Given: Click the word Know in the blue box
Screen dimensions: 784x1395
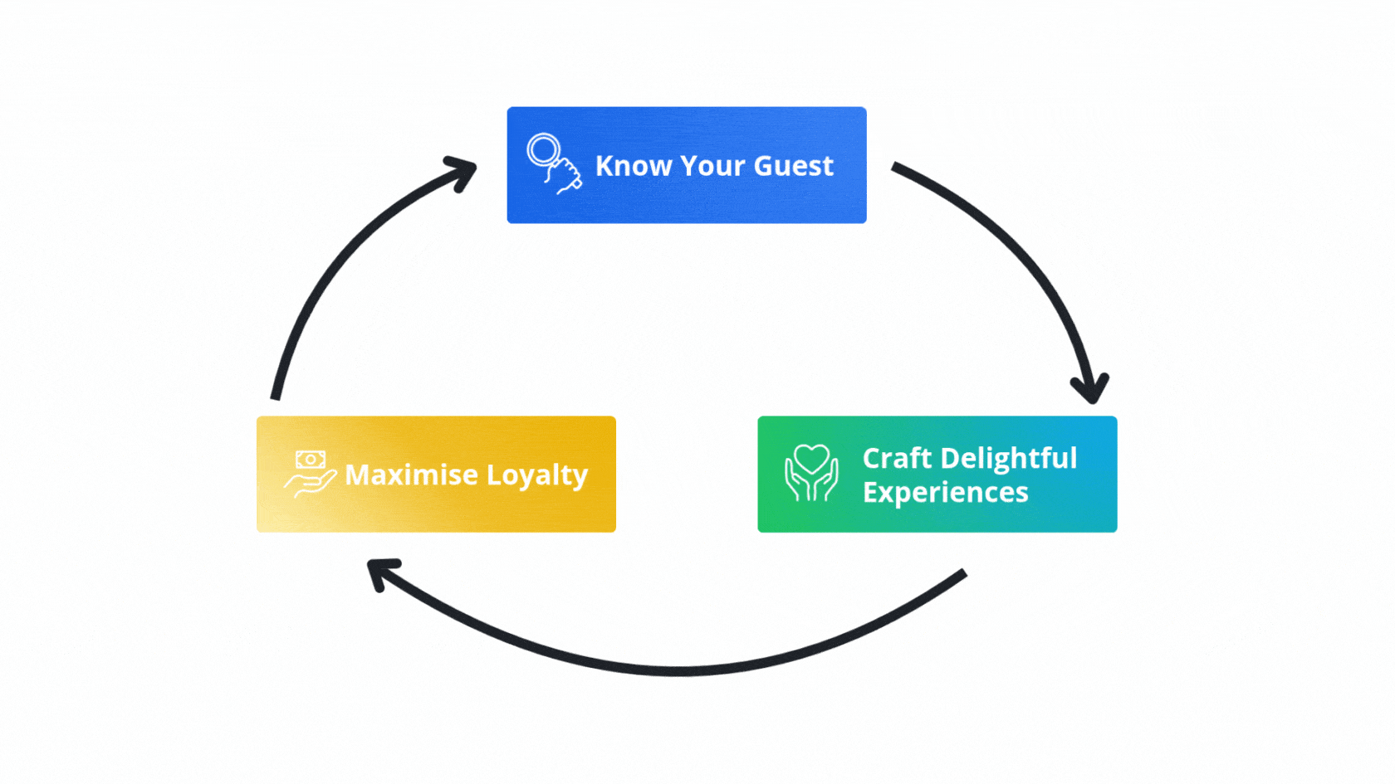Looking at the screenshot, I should point(634,166).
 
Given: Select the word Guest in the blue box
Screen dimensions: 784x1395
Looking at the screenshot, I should point(793,166).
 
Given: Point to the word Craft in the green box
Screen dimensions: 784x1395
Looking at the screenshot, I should point(897,458).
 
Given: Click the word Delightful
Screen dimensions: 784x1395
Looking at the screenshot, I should point(1009,458).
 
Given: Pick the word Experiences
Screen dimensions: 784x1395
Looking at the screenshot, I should point(946,493).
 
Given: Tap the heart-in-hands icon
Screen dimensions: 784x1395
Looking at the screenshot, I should point(811,473).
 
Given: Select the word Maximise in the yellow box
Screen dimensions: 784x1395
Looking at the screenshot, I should point(411,475).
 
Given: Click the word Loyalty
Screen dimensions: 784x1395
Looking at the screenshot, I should point(537,475).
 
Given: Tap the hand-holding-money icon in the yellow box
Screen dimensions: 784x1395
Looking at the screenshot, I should point(310,473).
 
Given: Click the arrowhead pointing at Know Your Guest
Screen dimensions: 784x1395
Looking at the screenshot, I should point(462,171).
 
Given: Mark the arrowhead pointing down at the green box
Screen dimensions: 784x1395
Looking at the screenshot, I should point(1090,387).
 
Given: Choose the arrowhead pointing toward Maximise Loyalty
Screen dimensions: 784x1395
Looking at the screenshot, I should point(382,572).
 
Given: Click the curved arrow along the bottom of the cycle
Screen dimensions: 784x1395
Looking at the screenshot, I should point(681,670).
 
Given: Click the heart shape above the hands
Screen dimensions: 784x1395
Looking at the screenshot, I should point(811,459).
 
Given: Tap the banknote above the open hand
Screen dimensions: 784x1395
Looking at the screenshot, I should point(311,459).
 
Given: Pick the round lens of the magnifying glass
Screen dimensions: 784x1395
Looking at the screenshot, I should point(544,150).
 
